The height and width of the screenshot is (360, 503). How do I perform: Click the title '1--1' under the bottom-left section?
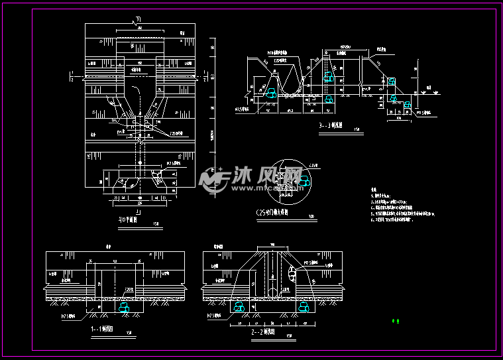click(105, 328)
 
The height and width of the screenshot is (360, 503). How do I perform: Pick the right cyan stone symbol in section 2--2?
click(305, 307)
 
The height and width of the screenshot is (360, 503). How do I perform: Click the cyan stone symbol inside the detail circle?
click(304, 180)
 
